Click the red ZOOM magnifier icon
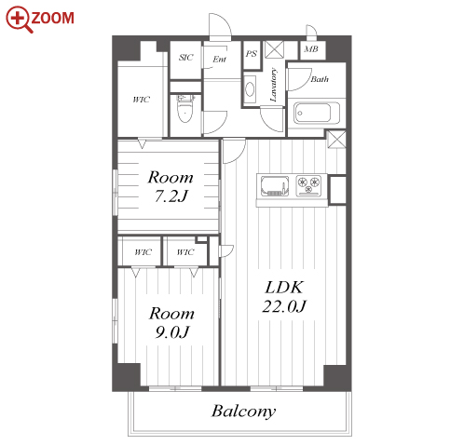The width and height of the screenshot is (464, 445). [x=19, y=19]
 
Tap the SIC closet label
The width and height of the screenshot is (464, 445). [x=185, y=58]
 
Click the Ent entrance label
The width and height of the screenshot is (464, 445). [x=219, y=59]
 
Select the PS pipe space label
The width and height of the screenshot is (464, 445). [x=252, y=54]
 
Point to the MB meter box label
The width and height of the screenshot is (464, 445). [x=311, y=49]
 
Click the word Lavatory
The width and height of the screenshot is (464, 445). [x=273, y=85]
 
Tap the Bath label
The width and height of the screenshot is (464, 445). [x=320, y=79]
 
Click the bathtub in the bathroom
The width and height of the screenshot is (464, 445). [x=316, y=113]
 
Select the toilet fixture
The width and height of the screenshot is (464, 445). [x=185, y=109]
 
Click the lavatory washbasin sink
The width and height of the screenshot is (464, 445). [x=250, y=89]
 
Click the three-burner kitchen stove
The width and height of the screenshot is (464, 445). [x=308, y=186]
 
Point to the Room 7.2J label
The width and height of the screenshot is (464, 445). [x=171, y=186]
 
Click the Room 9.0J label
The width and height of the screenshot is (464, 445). [x=171, y=323]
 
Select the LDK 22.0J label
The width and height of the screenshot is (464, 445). [x=284, y=297]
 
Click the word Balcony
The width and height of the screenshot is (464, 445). [x=243, y=411]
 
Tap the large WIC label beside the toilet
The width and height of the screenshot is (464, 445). [x=142, y=100]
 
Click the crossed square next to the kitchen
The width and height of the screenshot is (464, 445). [x=336, y=140]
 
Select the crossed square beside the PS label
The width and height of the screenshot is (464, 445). [x=274, y=49]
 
